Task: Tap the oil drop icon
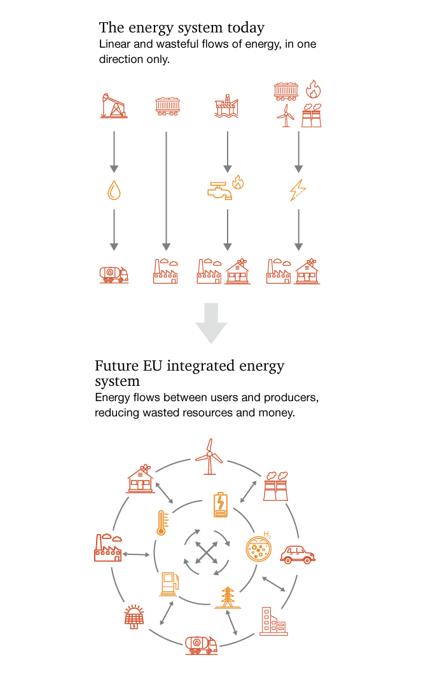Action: tap(114, 190)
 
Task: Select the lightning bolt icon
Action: tap(298, 189)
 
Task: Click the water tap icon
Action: tap(220, 190)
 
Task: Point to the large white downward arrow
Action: tap(211, 323)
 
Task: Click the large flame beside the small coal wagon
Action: tap(313, 88)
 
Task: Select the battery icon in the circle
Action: tap(220, 505)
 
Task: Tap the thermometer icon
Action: tap(161, 522)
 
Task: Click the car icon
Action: tap(298, 554)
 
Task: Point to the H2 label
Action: tap(267, 534)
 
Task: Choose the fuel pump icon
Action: tap(168, 584)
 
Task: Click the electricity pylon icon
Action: tap(228, 598)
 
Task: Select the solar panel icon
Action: tap(134, 617)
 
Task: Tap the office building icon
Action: tap(273, 621)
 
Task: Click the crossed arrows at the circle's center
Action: tap(206, 552)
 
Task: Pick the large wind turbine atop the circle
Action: tap(209, 456)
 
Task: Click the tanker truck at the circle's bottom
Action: tap(202, 645)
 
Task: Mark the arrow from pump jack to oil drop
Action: tap(114, 151)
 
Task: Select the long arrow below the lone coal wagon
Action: tap(166, 191)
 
